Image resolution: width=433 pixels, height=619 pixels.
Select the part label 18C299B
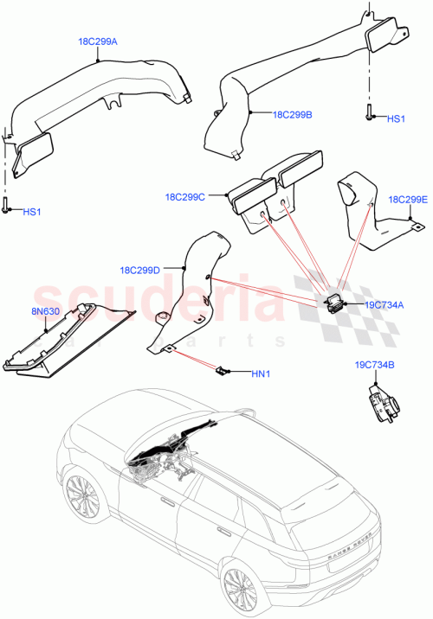pos(292,113)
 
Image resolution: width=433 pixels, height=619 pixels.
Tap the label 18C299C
pos(184,198)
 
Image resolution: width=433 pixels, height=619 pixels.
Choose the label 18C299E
pos(408,199)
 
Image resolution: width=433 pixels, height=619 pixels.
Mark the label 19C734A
pos(383,305)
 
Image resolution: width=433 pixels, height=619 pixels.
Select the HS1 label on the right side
pos(395,118)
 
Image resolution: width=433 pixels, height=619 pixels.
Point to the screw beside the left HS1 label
pos(7,206)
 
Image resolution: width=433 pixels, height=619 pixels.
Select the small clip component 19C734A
pos(333,302)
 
